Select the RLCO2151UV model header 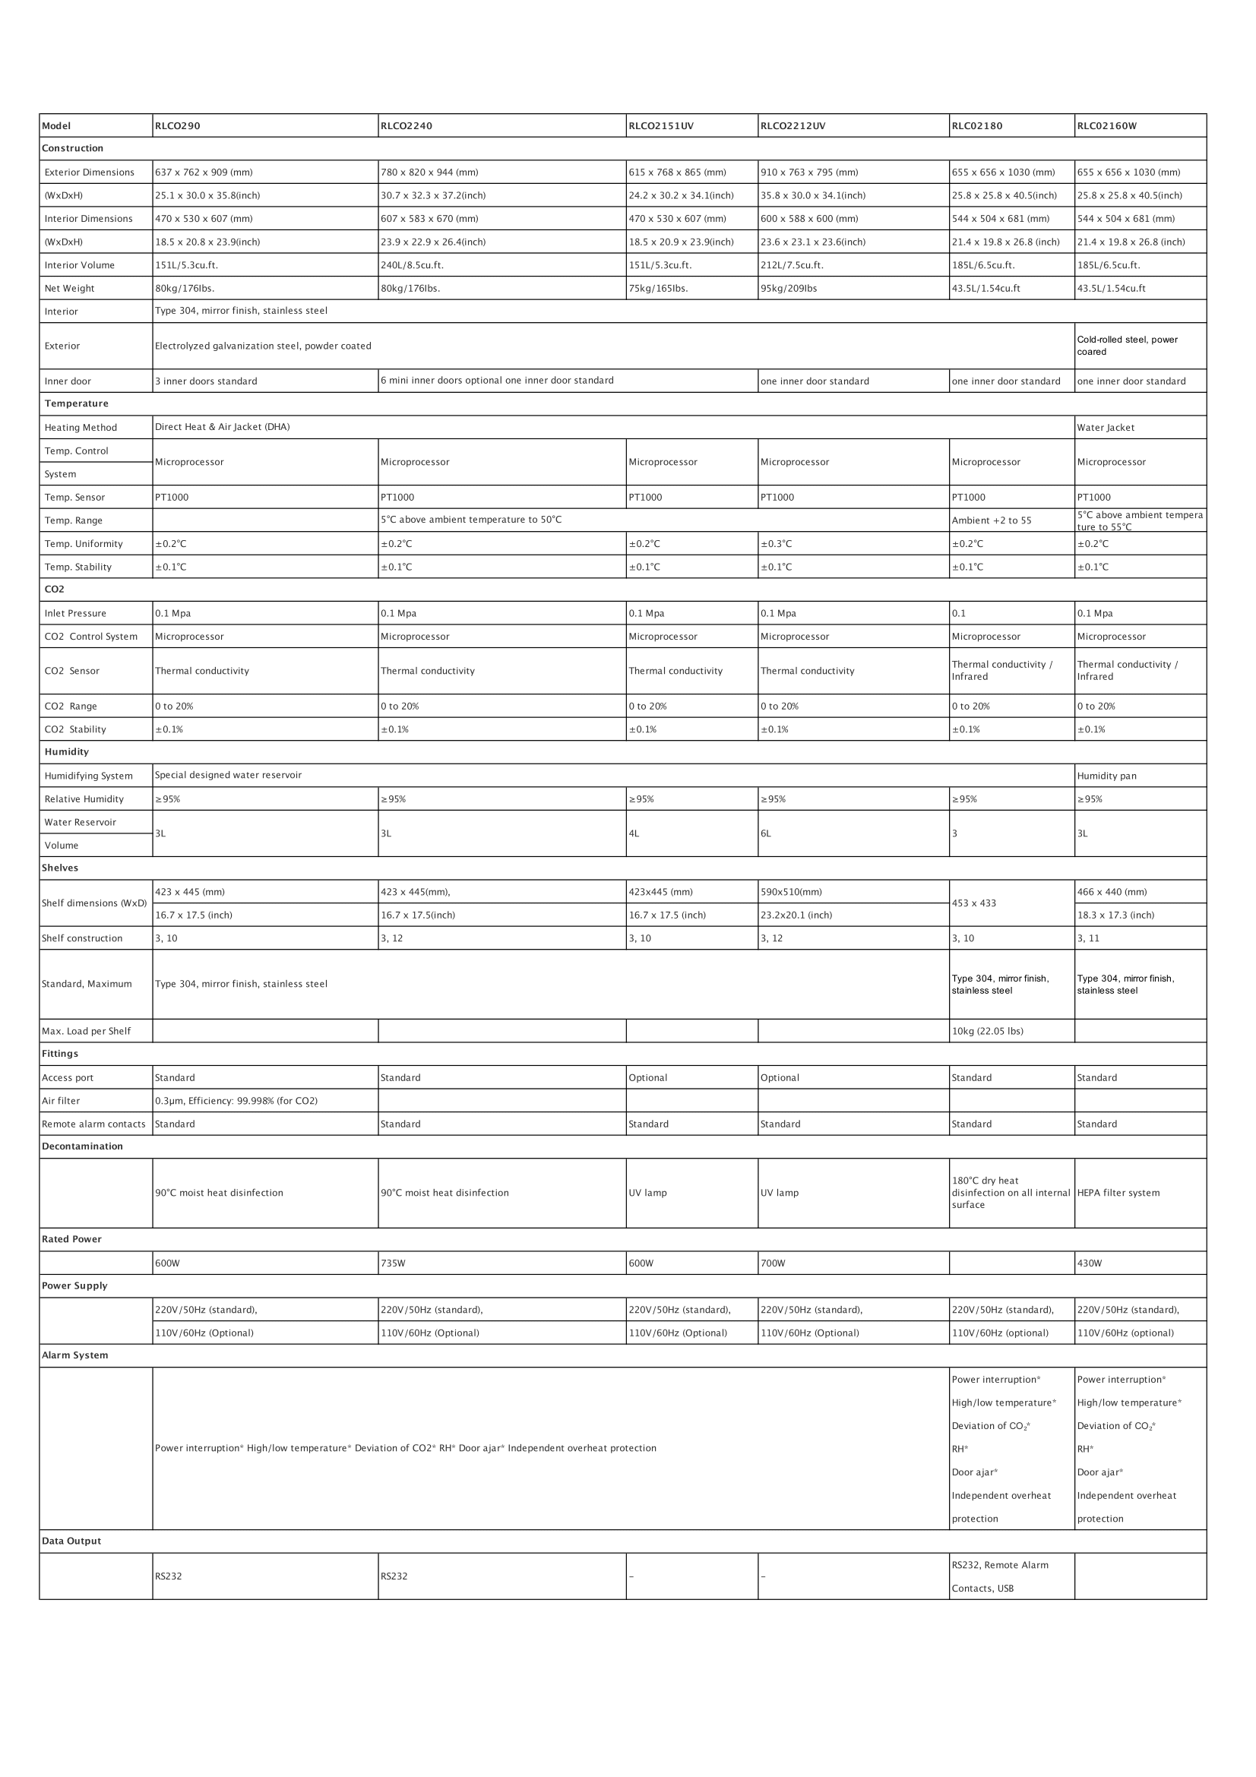point(661,126)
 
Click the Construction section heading point(73,149)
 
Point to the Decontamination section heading point(82,1146)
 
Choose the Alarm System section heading point(75,1355)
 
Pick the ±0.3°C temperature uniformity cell point(777,544)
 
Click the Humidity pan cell point(1106,776)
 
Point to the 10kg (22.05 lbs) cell point(988,1032)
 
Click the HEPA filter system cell point(1118,1193)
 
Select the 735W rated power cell point(392,1263)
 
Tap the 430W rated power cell point(1090,1263)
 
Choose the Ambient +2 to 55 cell point(992,521)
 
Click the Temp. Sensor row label point(74,498)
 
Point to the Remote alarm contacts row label point(93,1124)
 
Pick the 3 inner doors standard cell point(206,381)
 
